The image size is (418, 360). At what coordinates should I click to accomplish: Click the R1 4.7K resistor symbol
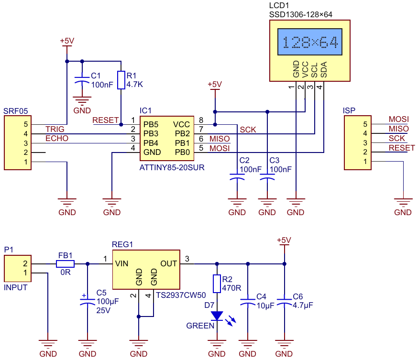point(121,80)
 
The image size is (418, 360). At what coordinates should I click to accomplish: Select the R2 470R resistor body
point(217,284)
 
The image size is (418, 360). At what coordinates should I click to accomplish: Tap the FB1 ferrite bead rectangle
point(66,264)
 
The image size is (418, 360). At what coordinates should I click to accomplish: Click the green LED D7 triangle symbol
point(217,316)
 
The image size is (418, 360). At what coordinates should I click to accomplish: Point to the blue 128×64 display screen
point(310,42)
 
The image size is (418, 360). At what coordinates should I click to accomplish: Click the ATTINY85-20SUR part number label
point(172,168)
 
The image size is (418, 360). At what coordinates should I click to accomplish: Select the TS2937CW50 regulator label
point(181,295)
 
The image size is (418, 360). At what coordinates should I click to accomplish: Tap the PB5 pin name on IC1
point(151,124)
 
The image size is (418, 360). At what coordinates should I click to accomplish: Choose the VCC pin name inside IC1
point(181,124)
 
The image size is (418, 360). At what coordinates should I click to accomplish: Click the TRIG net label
point(55,129)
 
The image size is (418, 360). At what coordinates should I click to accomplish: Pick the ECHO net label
point(57,138)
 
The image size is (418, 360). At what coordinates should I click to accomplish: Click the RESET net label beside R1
point(105,120)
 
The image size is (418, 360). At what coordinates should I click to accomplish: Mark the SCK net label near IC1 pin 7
point(248,130)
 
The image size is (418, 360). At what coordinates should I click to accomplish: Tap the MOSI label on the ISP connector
point(398,119)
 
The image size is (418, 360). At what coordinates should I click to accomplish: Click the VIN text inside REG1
point(121,263)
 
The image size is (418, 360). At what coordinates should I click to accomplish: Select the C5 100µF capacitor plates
point(88,302)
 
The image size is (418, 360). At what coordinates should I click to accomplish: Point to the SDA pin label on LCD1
point(323,69)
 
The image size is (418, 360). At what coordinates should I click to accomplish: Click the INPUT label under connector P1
point(15,287)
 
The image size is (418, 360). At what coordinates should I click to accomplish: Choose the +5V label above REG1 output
point(284,240)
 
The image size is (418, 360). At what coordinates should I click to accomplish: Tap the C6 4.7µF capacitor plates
point(284,302)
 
